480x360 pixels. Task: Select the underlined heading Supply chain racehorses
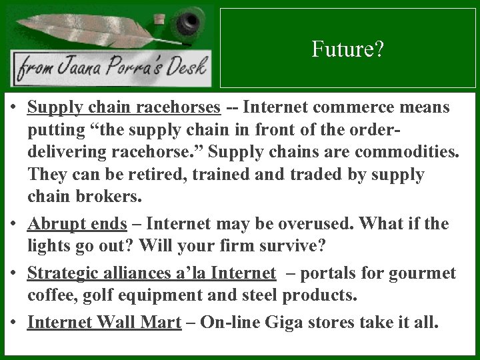124,107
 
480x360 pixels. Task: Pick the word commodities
407,153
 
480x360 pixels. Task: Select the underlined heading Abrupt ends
77,223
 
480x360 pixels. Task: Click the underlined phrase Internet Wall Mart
105,323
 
